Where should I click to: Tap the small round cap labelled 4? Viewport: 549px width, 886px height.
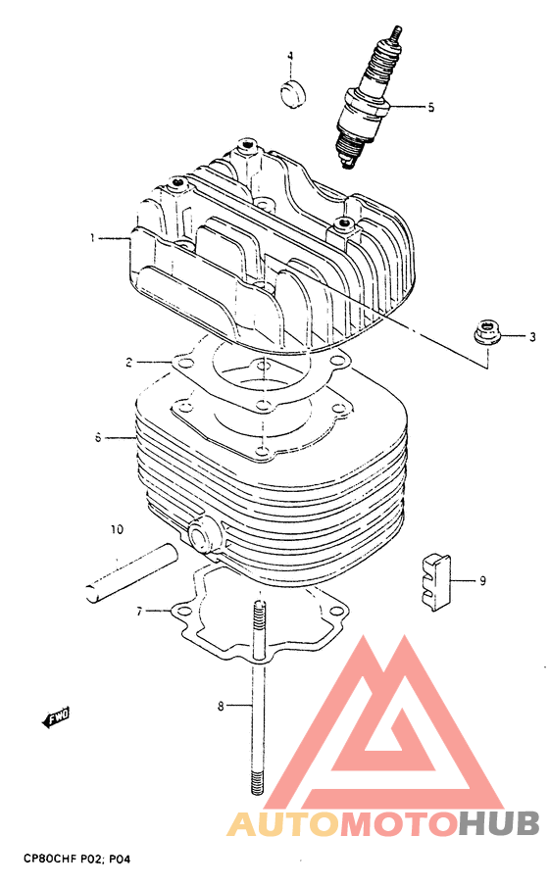coord(293,93)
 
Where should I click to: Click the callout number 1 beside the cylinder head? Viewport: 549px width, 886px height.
coord(92,238)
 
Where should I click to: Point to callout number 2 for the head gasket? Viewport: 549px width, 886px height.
coord(128,362)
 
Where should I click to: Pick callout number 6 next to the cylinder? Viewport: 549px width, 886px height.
coord(98,437)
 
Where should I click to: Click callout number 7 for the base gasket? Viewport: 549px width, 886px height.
coord(139,611)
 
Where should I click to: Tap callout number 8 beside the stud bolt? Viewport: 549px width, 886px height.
coord(221,706)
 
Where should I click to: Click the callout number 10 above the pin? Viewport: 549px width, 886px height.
coord(117,529)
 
